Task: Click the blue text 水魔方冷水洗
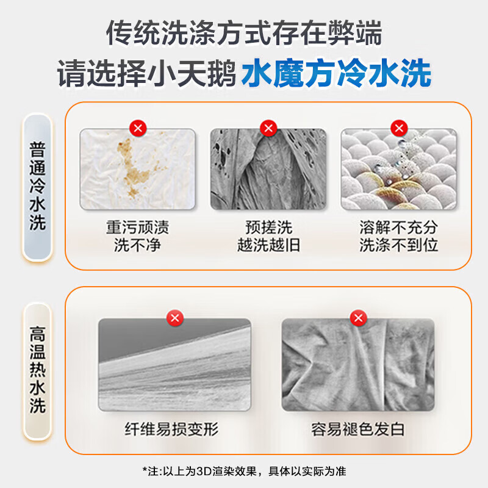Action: (x=337, y=73)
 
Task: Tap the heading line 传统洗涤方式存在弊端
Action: (x=244, y=33)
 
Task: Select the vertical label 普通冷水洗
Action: (x=38, y=186)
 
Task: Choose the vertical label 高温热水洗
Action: (x=38, y=370)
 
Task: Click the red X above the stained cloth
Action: (x=138, y=128)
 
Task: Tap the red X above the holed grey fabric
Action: (x=268, y=128)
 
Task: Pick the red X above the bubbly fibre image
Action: (x=399, y=128)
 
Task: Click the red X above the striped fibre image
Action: (x=175, y=318)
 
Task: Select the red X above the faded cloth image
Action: (x=359, y=318)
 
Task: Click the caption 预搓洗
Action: (x=268, y=227)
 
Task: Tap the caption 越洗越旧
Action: (x=268, y=245)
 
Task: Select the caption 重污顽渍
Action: (x=138, y=227)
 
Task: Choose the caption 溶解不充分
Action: (x=399, y=227)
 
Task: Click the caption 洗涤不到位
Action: (x=399, y=245)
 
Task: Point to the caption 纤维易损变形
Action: (x=172, y=429)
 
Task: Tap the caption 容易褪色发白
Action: (x=358, y=429)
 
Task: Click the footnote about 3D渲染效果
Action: (x=245, y=471)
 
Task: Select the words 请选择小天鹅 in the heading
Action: (x=146, y=74)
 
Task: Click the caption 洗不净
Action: (x=138, y=245)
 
